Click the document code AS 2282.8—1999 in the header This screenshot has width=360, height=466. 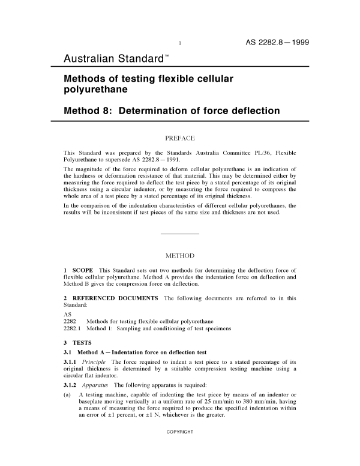[277, 42]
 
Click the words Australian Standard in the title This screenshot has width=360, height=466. [113, 59]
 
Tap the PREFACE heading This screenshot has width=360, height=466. [180, 138]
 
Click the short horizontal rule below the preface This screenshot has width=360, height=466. [180, 232]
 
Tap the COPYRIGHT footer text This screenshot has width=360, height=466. [179, 448]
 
